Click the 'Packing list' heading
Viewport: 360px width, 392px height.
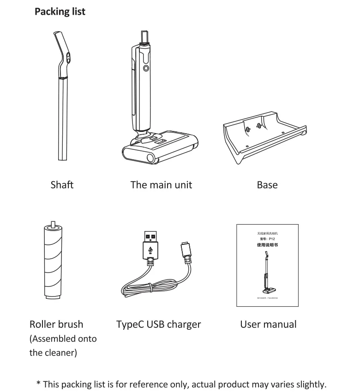point(60,12)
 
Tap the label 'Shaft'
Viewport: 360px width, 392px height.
point(62,185)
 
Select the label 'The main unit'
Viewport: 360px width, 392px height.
point(161,185)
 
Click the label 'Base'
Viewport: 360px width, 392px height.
point(267,185)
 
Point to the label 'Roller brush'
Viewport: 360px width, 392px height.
point(56,324)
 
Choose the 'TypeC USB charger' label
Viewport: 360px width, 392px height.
point(159,324)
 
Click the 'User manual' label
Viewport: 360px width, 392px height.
point(268,324)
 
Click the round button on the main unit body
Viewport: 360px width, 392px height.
point(146,68)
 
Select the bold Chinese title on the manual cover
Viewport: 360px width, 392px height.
point(267,245)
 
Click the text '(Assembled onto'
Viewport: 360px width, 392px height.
point(63,339)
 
